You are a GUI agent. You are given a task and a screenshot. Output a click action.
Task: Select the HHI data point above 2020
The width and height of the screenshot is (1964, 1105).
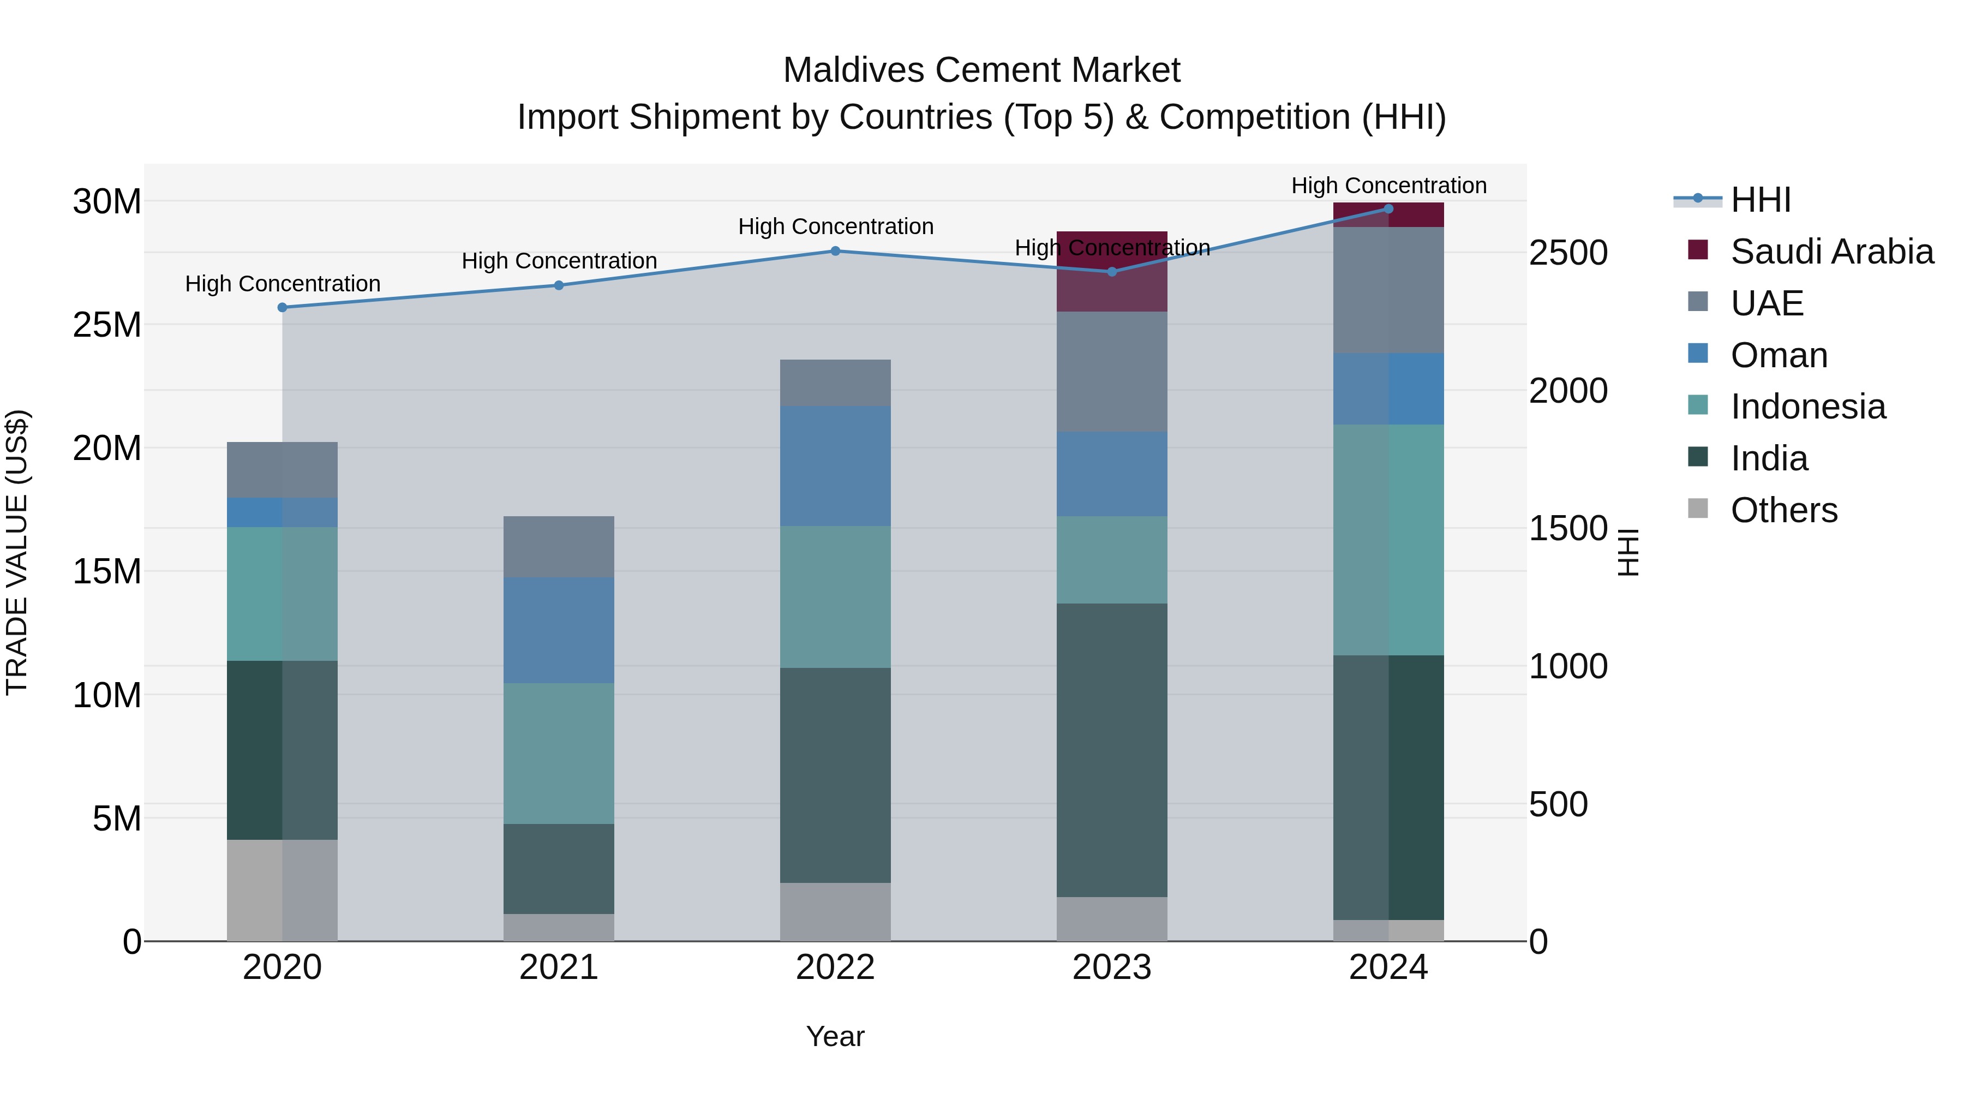[x=282, y=307]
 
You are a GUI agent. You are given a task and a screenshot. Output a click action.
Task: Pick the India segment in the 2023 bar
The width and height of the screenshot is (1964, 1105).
[x=1112, y=750]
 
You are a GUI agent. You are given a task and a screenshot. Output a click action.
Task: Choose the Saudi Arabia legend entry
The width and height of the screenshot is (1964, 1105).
[x=1830, y=252]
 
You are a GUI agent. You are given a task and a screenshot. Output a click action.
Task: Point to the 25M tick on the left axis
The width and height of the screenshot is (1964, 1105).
[x=107, y=325]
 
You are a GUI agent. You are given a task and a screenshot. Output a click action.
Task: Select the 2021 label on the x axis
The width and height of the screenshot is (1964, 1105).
[x=558, y=967]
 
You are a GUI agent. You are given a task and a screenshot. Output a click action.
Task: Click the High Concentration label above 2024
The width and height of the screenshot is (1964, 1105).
[x=1388, y=186]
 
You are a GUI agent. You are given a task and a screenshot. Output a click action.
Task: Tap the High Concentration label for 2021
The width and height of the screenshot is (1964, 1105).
[x=559, y=261]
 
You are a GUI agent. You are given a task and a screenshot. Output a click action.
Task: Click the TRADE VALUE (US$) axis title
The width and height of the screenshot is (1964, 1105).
[x=17, y=552]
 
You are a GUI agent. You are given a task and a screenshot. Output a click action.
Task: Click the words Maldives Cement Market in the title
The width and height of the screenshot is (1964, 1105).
[x=981, y=70]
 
